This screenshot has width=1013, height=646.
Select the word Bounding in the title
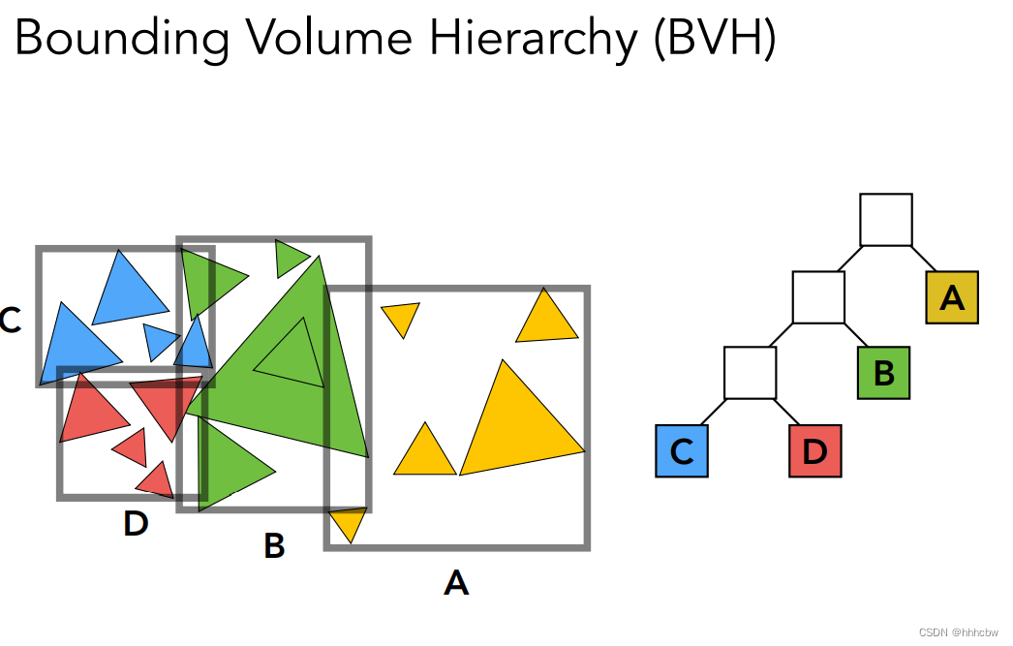click(x=121, y=39)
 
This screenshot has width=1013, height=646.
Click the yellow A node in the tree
click(x=952, y=297)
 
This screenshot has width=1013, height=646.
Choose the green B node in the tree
click(x=883, y=373)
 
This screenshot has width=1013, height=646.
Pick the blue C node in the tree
click(x=682, y=451)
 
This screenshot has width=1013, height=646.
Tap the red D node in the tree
click(x=815, y=451)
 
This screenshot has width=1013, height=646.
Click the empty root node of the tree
click(x=886, y=220)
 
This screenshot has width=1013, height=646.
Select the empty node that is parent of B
click(x=818, y=297)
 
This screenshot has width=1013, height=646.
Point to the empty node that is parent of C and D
click(x=751, y=373)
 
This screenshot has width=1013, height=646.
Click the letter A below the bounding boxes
click(x=456, y=583)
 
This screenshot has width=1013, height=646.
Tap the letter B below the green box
click(x=274, y=546)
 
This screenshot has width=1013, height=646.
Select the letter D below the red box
click(x=136, y=524)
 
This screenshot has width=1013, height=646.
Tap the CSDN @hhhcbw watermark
click(x=958, y=631)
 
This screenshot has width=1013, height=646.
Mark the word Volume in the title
click(x=311, y=39)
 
